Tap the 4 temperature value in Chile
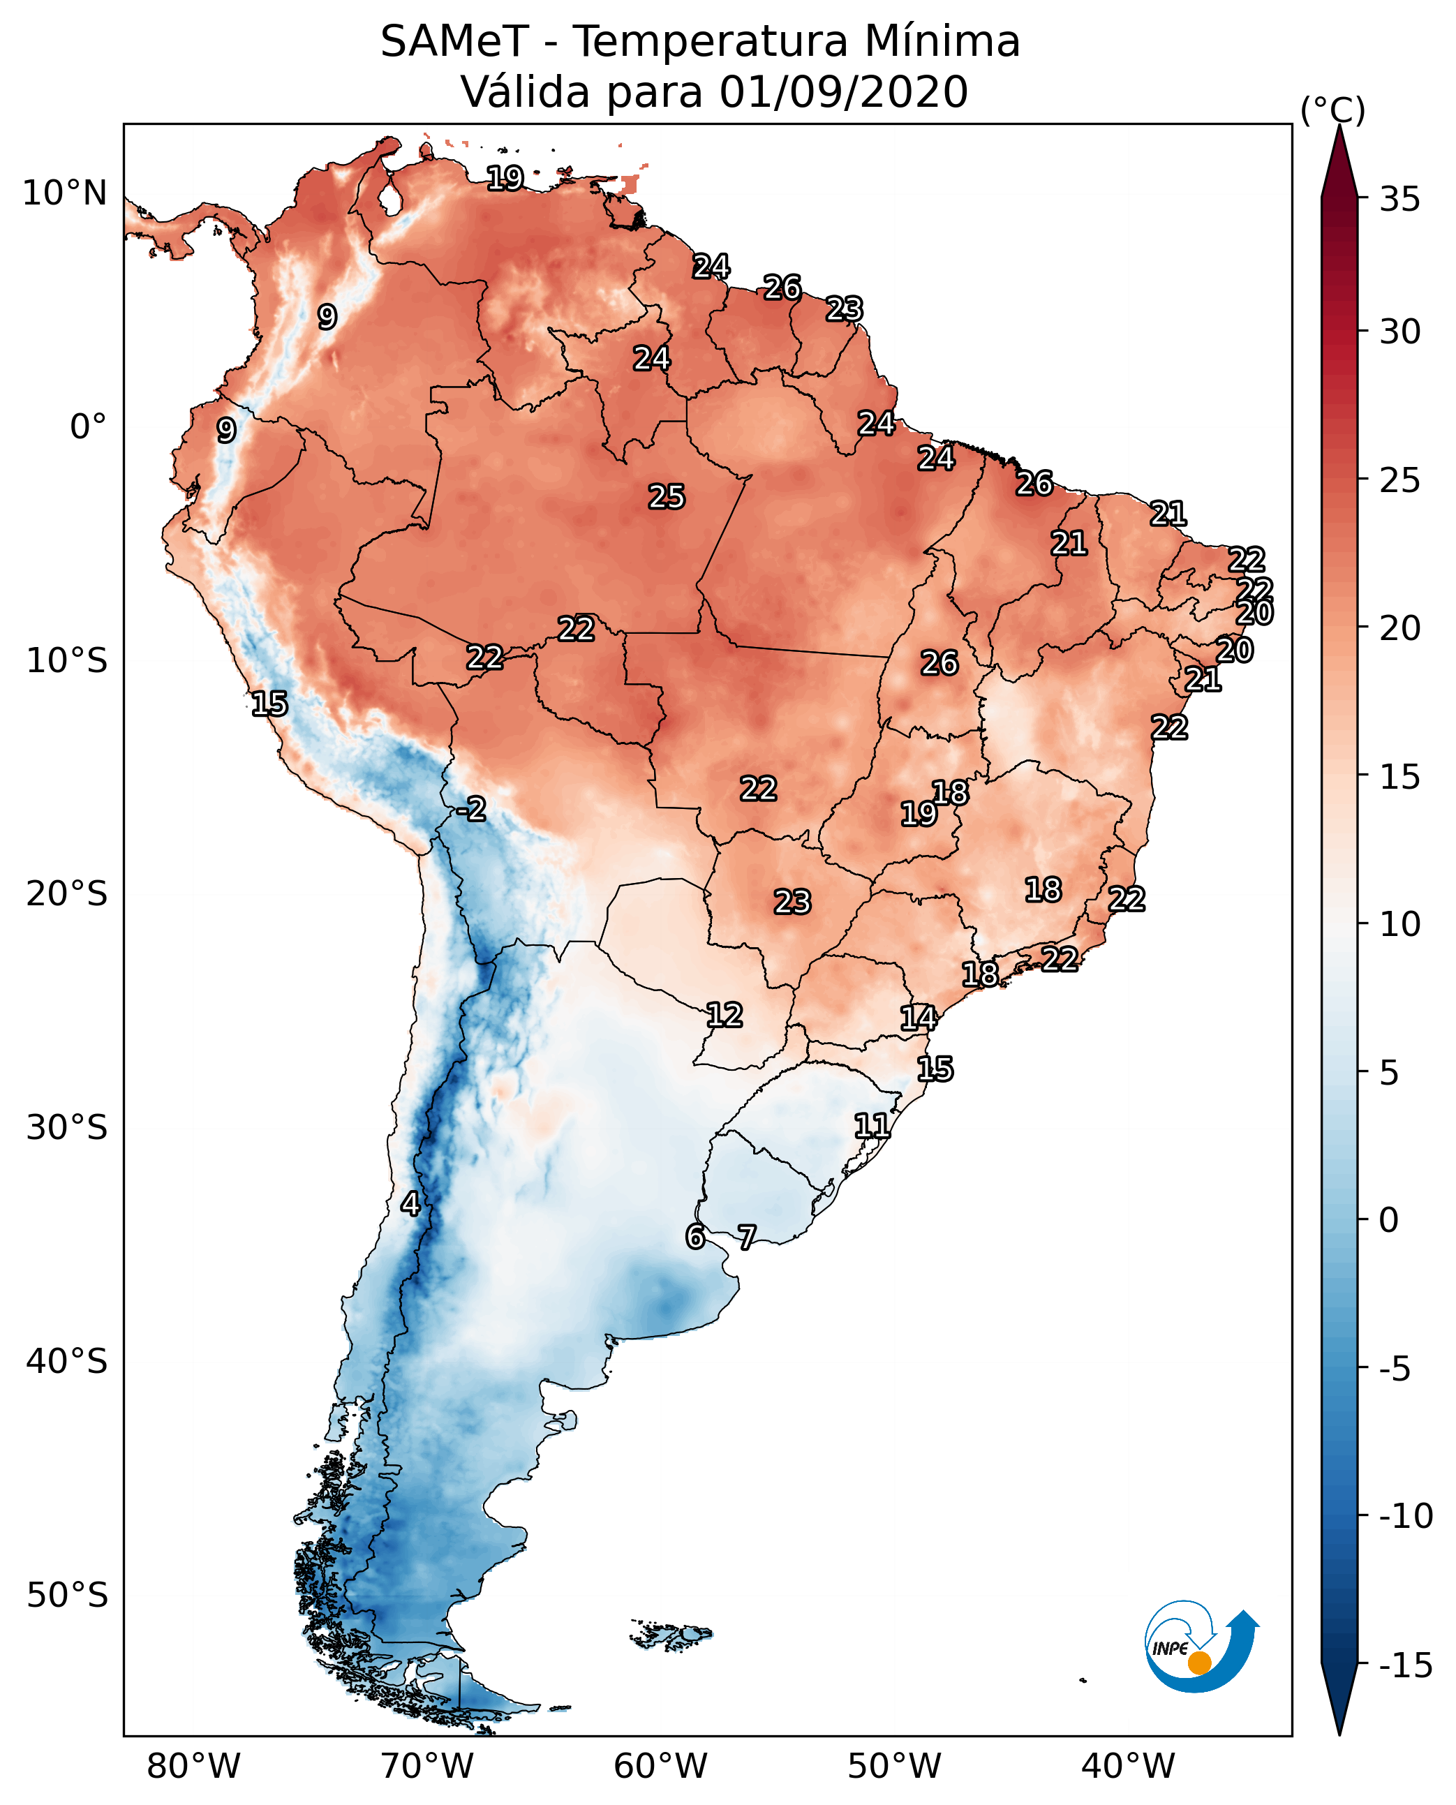[x=410, y=1203]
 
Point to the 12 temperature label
[x=724, y=1015]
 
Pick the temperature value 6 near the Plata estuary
[x=695, y=1237]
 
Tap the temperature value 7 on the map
[x=746, y=1237]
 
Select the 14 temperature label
[x=918, y=1018]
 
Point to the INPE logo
[x=1201, y=1648]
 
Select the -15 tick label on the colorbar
[x=1406, y=1665]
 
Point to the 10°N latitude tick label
[x=65, y=194]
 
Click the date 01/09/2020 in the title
[x=843, y=91]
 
